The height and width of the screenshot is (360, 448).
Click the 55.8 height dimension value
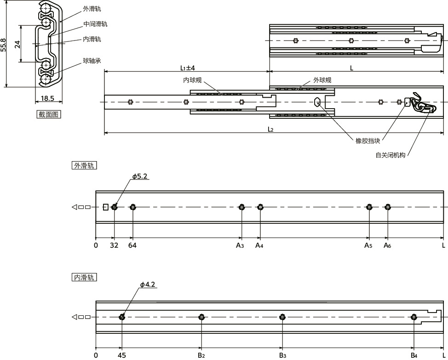[x=3, y=45]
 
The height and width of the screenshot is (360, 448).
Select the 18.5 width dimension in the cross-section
[x=47, y=99]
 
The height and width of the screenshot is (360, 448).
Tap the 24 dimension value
[x=17, y=44]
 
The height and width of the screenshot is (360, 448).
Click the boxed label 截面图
[x=49, y=114]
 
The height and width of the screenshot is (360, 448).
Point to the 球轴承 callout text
[x=92, y=61]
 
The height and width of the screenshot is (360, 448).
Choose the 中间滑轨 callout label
[x=95, y=24]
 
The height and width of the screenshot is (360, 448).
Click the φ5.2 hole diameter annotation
[x=140, y=176]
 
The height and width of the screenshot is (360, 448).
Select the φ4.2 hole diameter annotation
[x=148, y=285]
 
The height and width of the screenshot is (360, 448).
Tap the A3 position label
[x=240, y=245]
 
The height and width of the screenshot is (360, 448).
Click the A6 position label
[x=387, y=245]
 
